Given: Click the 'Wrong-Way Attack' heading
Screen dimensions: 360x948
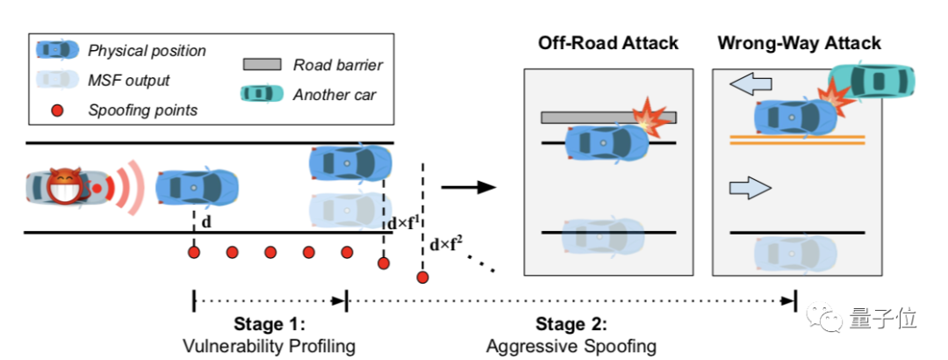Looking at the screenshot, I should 799,42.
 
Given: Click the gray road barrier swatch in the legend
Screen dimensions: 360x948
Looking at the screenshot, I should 259,64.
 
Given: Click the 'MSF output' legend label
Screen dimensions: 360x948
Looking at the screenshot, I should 129,80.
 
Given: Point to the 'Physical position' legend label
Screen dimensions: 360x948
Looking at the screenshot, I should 147,51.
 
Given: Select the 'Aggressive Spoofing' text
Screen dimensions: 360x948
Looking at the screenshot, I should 571,345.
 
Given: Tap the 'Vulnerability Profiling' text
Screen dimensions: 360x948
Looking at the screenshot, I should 269,345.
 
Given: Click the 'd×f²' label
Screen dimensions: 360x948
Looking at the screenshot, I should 447,245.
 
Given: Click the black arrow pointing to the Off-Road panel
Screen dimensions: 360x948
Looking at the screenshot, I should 468,186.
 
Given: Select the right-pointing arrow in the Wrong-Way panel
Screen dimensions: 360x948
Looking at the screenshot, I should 750,187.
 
